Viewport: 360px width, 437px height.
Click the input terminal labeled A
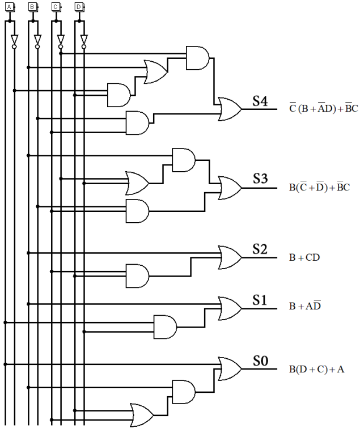9,7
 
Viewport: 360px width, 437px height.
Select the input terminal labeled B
32,7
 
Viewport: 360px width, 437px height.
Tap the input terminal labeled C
56,7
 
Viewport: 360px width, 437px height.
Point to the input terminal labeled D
79,7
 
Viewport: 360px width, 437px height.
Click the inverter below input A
15,41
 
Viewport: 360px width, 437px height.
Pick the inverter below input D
84,41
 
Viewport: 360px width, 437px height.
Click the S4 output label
260,102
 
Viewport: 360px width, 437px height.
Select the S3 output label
260,179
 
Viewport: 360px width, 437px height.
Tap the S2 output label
260,249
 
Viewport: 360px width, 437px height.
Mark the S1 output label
260,300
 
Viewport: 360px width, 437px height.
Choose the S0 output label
260,360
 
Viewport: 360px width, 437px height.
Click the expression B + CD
304,257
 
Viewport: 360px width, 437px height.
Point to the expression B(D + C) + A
316,369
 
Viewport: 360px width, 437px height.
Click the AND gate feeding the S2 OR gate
137,276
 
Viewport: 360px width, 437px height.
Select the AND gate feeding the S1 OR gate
164,326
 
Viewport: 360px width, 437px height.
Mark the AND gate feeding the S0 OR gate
183,392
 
